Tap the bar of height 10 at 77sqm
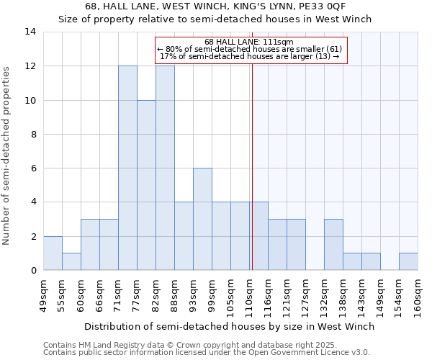click(x=146, y=185)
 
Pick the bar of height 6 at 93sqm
click(x=202, y=219)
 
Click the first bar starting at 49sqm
click(x=53, y=253)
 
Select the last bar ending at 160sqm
click(x=408, y=261)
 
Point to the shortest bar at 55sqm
click(x=71, y=261)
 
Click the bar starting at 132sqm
click(x=333, y=244)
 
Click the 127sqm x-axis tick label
click(x=306, y=295)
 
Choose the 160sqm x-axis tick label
click(x=418, y=295)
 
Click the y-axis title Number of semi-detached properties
click(x=7, y=156)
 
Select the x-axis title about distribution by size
click(x=230, y=326)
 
